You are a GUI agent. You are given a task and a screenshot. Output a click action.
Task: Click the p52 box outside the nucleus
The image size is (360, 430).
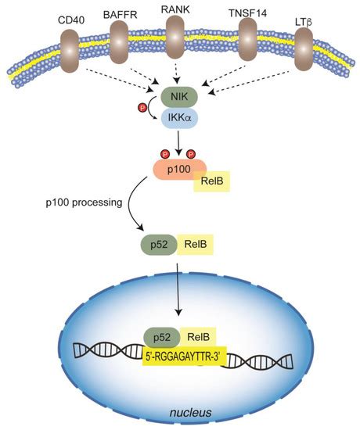(157, 245)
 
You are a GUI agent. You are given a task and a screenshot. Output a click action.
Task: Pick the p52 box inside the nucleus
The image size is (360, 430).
(163, 337)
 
